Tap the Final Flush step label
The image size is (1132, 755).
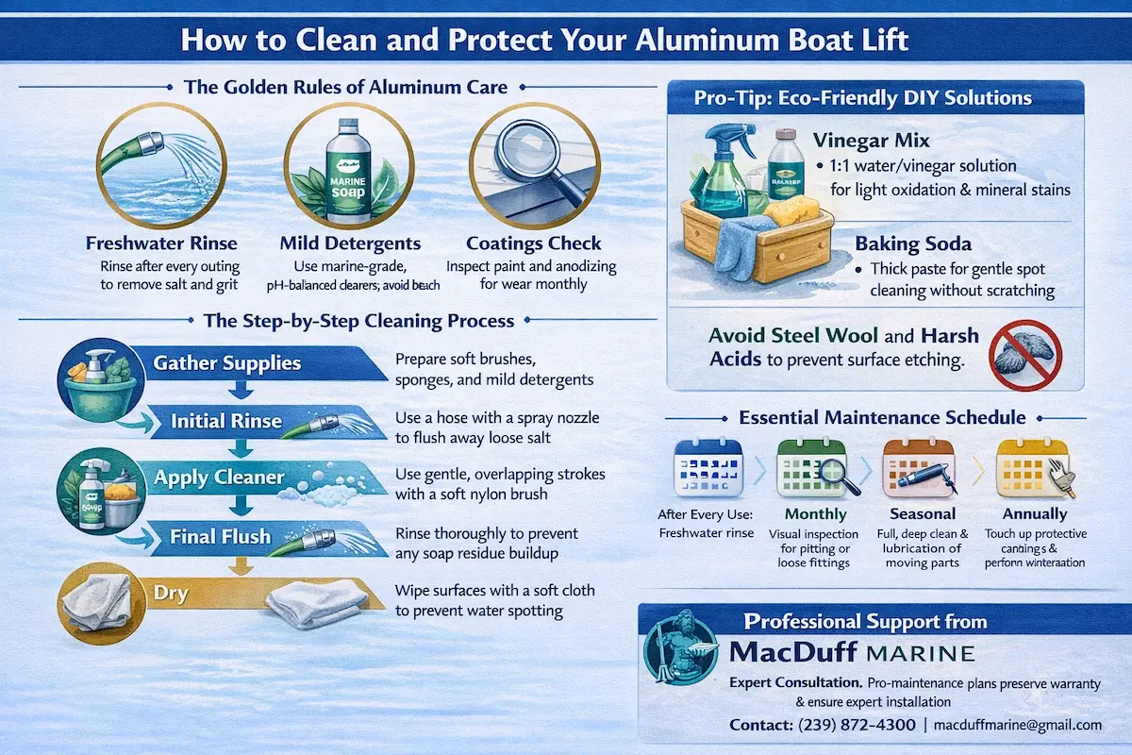pyautogui.click(x=220, y=537)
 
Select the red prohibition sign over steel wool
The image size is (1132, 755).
pyautogui.click(x=1025, y=355)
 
